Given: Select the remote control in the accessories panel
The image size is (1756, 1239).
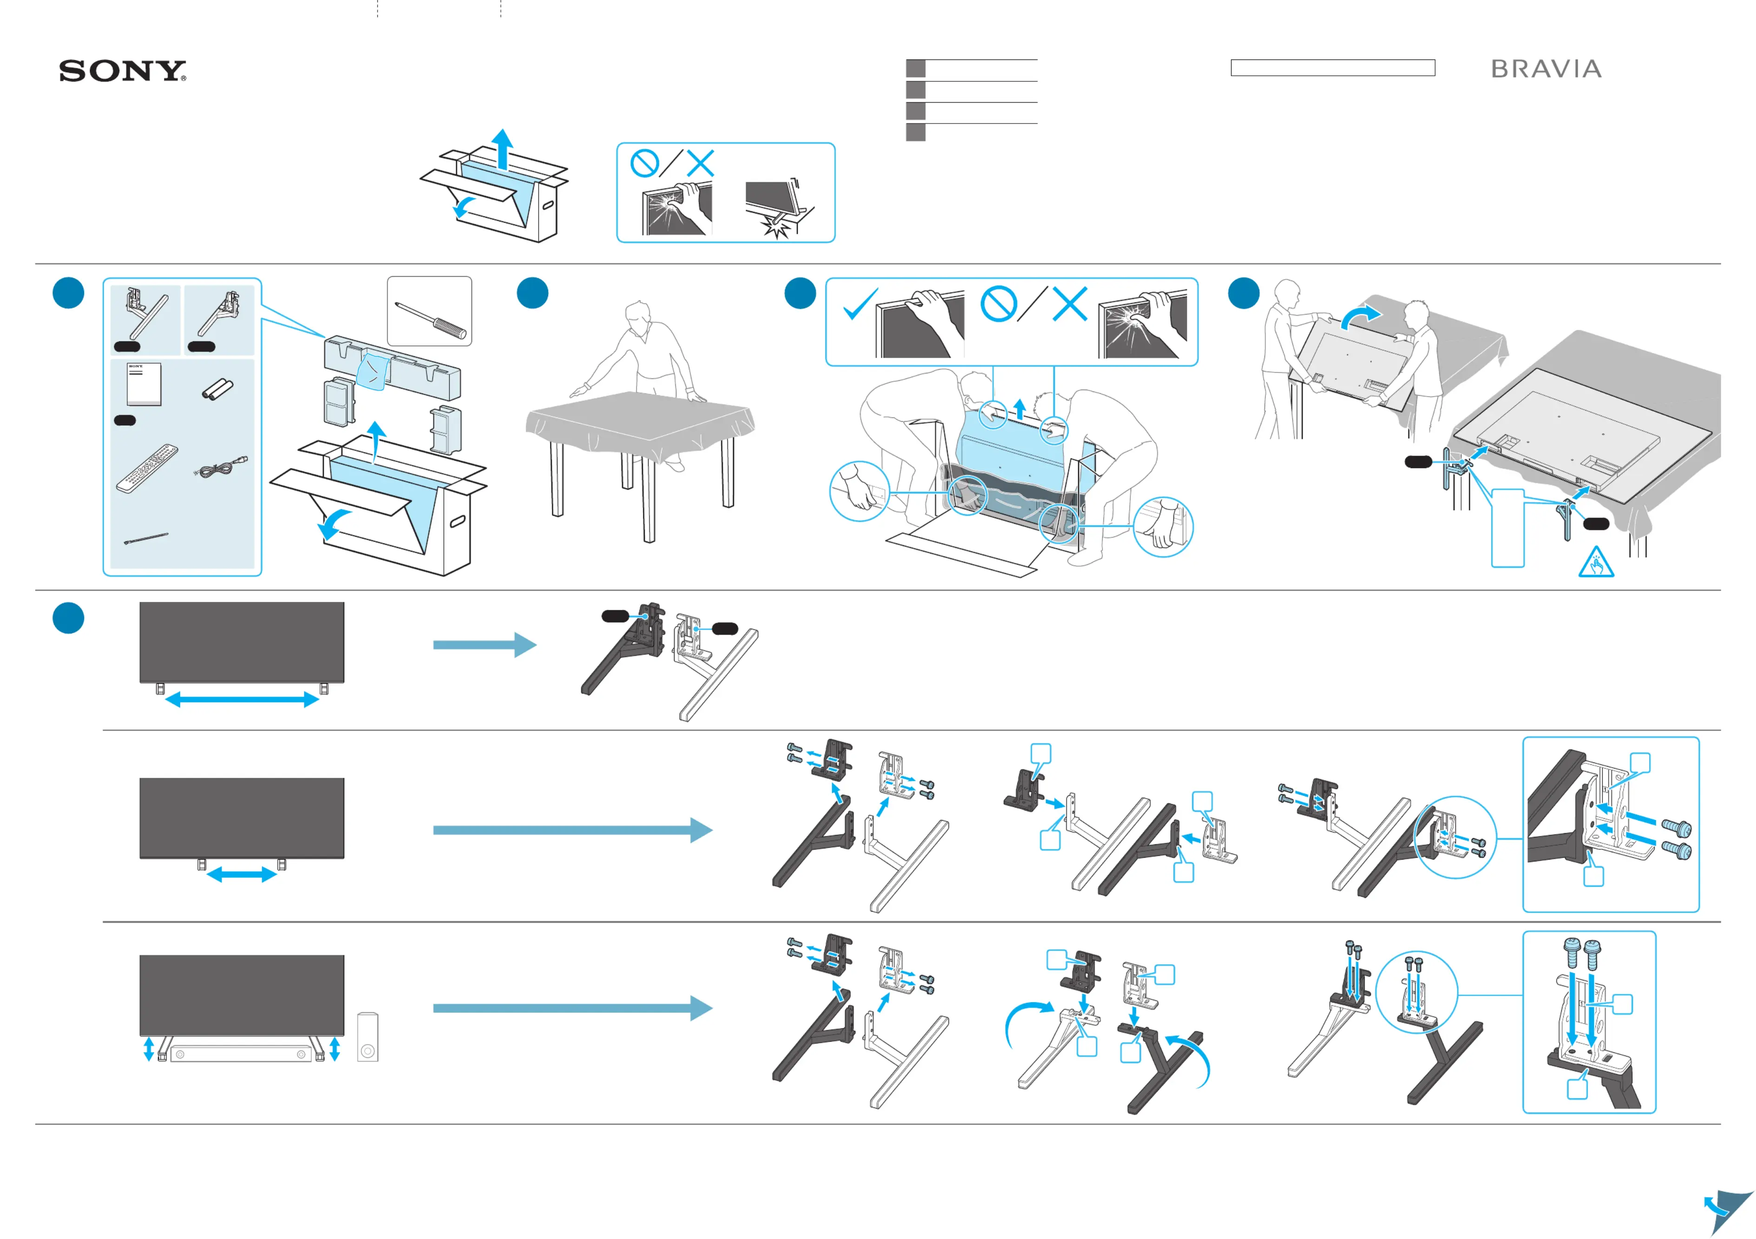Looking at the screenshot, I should pos(147,467).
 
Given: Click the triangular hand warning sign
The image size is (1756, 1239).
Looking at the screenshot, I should pos(1596,563).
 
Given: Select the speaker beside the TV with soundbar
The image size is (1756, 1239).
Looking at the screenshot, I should pos(367,1037).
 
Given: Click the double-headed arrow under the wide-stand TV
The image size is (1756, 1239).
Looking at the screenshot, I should pos(242,698).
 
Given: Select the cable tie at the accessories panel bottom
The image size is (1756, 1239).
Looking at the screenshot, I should pos(145,539).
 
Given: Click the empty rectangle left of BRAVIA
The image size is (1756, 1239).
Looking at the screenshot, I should pos(1332,68).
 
